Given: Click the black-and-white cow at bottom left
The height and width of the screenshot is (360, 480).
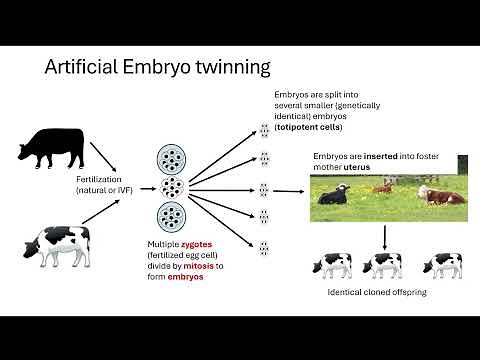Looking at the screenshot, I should [x=58, y=244].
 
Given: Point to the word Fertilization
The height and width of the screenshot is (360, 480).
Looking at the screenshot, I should [x=104, y=181].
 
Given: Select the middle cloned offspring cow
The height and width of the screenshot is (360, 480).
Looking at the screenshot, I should [x=385, y=264].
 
